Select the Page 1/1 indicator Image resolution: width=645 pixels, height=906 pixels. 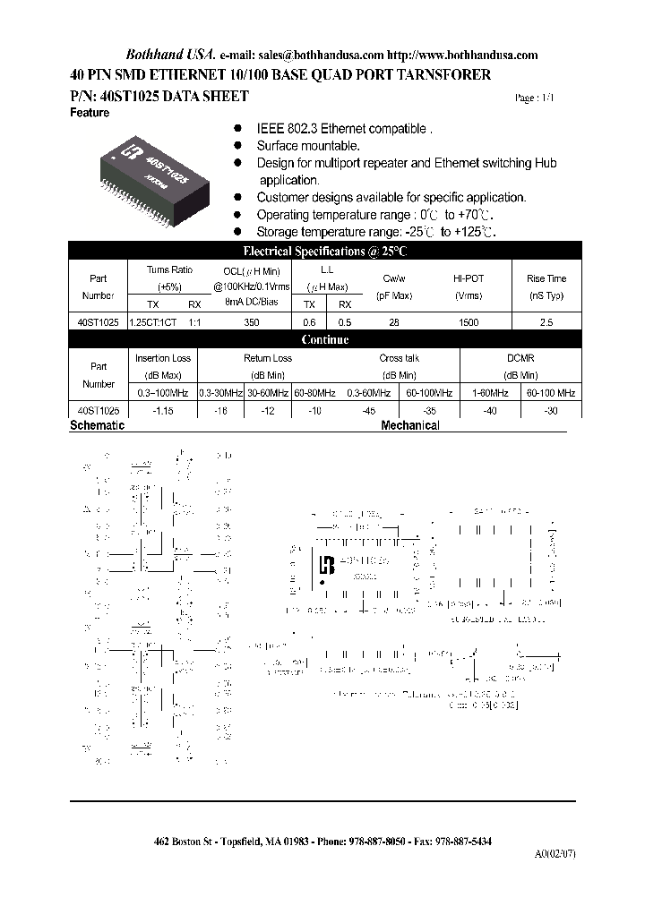535,98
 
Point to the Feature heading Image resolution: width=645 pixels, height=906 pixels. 90,113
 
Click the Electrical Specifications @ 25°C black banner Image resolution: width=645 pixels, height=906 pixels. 324,252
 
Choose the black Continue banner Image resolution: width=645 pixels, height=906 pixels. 324,340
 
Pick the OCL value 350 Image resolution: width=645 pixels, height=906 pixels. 252,322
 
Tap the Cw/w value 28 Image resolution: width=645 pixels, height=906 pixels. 393,322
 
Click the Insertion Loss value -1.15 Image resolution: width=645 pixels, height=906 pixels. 163,410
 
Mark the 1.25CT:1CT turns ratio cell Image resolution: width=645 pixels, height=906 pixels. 154,322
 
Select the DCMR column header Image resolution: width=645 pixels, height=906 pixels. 520,357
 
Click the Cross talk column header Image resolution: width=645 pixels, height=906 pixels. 399,358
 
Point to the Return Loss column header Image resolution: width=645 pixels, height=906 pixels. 268,358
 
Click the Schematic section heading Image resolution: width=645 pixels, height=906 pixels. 97,426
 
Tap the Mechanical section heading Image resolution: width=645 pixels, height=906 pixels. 410,426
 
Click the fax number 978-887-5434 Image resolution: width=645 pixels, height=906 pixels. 461,842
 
